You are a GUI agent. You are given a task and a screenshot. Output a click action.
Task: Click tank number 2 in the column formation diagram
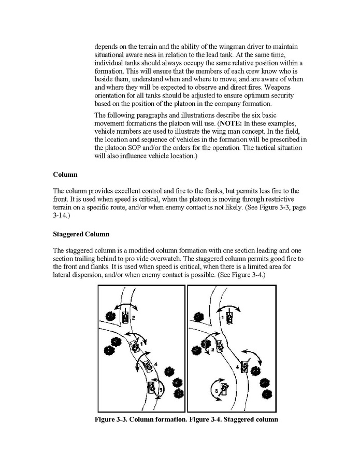click(125, 316)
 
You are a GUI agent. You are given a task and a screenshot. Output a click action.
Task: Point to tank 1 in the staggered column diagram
click(231, 315)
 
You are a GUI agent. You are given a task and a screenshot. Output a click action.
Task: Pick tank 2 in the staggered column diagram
click(220, 345)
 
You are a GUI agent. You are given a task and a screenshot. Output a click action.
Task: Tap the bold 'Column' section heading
click(65, 175)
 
